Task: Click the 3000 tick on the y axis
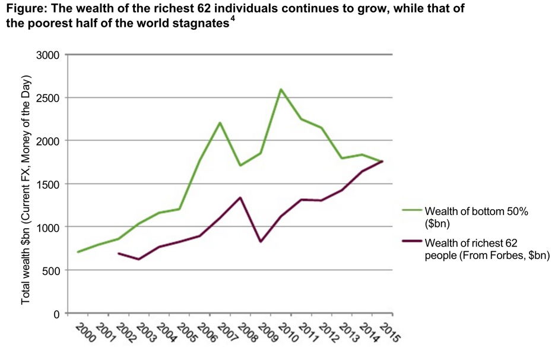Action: [49, 55]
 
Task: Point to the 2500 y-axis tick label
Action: [49, 98]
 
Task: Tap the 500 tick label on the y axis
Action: [52, 270]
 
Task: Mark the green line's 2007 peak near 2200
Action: [220, 123]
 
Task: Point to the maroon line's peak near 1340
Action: [240, 198]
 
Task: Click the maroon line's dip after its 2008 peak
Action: [261, 241]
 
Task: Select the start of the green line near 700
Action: [78, 252]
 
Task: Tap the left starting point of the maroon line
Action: [119, 254]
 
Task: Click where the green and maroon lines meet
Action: [383, 161]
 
